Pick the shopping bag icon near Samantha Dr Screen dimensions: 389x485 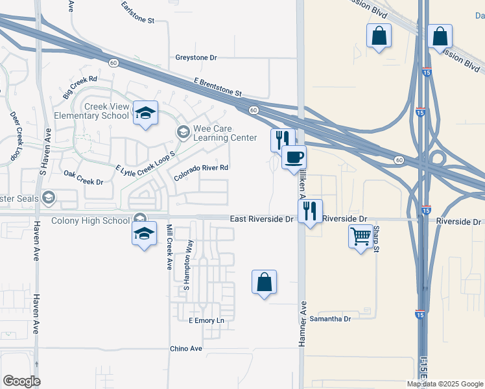[x=264, y=282]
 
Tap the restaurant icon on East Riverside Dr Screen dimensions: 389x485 [x=310, y=211]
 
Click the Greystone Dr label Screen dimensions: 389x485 [x=196, y=58]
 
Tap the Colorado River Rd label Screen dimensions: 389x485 [x=202, y=172]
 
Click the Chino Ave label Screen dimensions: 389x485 [x=186, y=349]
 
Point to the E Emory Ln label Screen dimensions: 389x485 [x=206, y=321]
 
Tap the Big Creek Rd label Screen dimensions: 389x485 [x=80, y=88]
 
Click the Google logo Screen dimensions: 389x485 [x=21, y=381]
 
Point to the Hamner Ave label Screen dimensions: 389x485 [x=302, y=322]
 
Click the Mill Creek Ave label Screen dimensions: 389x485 [x=169, y=247]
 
